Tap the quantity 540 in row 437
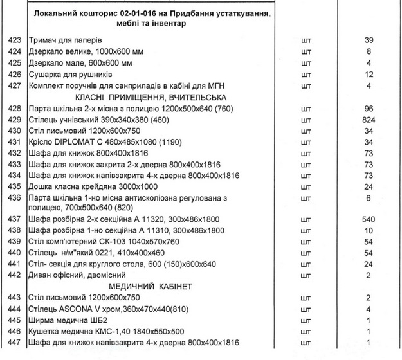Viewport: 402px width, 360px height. click(369, 219)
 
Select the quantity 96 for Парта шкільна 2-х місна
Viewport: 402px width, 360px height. click(369, 109)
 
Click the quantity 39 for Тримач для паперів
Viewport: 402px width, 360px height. click(369, 40)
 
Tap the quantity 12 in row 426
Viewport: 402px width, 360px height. click(369, 74)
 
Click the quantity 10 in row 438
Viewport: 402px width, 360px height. click(369, 230)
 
